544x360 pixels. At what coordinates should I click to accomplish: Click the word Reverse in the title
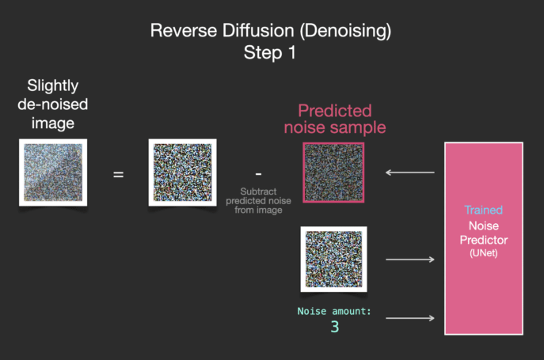[184, 31]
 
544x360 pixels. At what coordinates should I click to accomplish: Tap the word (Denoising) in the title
[345, 31]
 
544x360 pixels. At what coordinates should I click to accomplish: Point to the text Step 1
[269, 52]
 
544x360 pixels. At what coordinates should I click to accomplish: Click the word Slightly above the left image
[53, 85]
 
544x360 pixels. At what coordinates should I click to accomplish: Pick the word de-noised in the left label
[53, 104]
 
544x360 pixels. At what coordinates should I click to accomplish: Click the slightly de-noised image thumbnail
[53, 172]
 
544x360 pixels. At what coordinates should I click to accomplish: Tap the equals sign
[118, 174]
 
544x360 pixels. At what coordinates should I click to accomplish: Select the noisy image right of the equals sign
[182, 172]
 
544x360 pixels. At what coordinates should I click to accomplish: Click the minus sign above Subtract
[258, 174]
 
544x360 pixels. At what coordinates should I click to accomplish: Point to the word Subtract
[258, 191]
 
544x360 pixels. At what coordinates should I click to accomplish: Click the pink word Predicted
[335, 111]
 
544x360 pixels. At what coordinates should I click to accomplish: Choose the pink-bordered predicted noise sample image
[333, 172]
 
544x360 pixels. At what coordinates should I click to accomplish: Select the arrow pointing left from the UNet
[409, 172]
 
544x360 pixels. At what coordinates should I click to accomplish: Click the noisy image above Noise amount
[333, 259]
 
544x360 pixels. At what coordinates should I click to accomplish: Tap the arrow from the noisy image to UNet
[410, 260]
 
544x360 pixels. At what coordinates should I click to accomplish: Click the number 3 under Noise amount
[335, 327]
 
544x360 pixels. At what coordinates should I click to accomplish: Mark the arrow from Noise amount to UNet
[410, 318]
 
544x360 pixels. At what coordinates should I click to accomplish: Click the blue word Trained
[484, 210]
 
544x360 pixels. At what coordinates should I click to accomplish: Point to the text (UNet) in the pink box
[484, 253]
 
